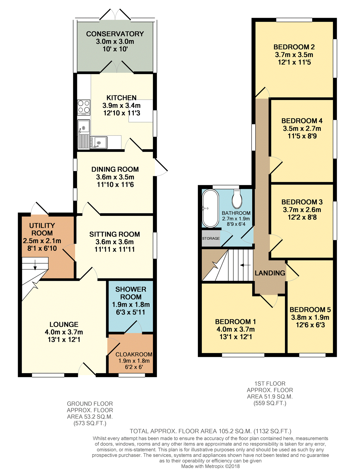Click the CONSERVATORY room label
(x=115, y=34)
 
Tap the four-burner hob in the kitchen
(x=84, y=108)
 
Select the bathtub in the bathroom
(x=210, y=209)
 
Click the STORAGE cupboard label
(x=211, y=238)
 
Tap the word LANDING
(x=270, y=273)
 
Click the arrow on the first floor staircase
(x=245, y=265)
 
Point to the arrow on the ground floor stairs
(x=35, y=265)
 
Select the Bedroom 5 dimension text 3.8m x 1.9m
(x=310, y=317)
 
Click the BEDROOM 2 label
(x=294, y=47)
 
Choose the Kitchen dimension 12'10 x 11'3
(x=122, y=113)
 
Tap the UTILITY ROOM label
(x=42, y=229)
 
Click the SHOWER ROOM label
(x=131, y=293)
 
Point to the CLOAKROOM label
(x=134, y=355)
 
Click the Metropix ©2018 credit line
(x=210, y=466)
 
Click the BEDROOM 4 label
(x=302, y=121)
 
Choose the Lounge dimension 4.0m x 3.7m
(x=64, y=332)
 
